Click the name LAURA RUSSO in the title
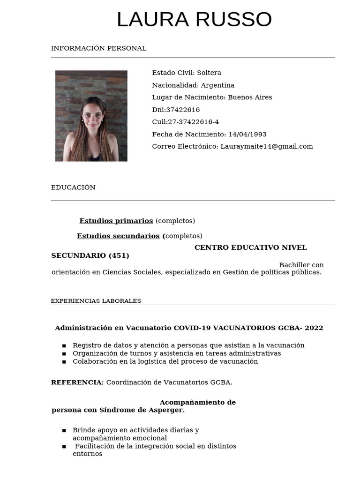(194, 20)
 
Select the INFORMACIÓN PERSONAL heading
(98, 48)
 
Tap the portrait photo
(91, 116)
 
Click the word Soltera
(209, 73)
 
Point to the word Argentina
(217, 85)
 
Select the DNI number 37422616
(183, 110)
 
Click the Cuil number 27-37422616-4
(193, 122)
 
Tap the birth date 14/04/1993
(247, 134)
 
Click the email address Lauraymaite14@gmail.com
(267, 146)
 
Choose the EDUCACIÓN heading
(73, 187)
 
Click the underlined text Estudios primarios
(116, 221)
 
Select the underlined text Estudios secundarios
(118, 236)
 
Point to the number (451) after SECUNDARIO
(119, 255)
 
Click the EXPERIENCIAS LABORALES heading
(96, 301)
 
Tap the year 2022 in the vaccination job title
(314, 328)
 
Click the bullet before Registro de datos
(64, 346)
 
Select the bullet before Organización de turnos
(64, 354)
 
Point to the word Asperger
(167, 410)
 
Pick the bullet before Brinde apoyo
(64, 430)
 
